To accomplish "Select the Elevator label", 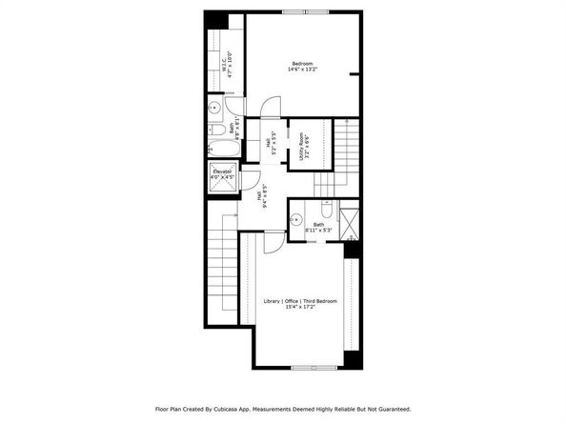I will click(x=221, y=174).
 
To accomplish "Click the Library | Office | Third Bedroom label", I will click(x=300, y=304).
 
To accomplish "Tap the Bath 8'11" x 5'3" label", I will click(x=317, y=227).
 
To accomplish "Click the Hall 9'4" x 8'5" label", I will click(x=260, y=194).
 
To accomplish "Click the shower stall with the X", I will click(x=350, y=222).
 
